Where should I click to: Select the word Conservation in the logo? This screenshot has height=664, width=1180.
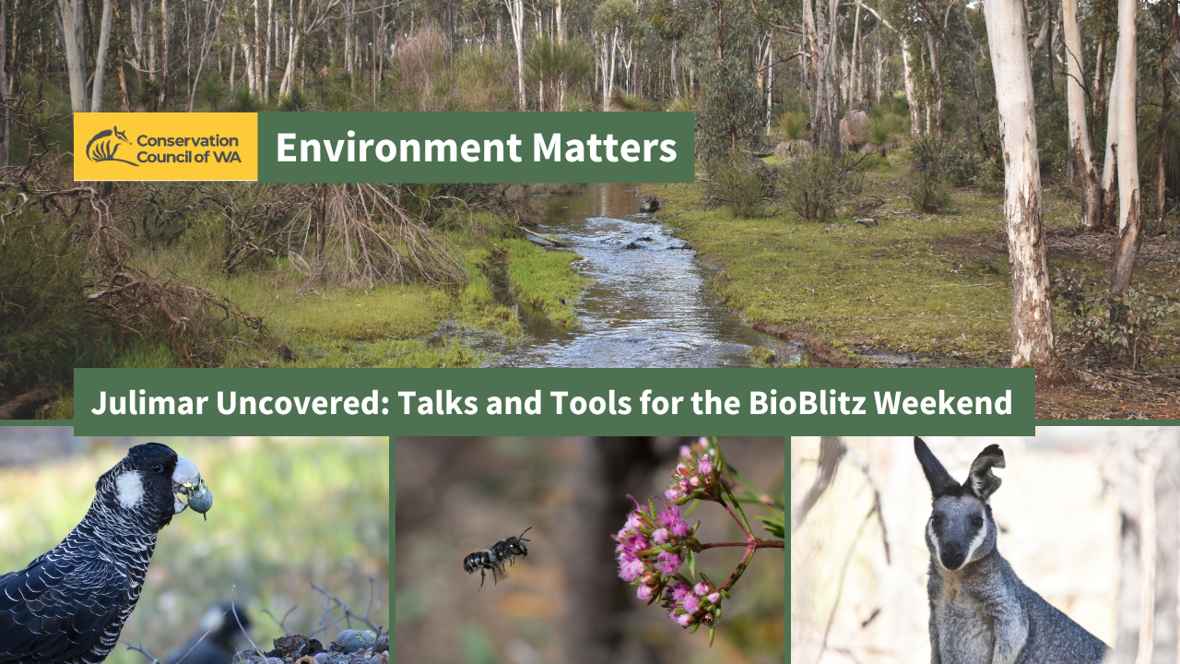click(x=187, y=140)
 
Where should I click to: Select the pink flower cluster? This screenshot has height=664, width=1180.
click(x=664, y=544)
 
